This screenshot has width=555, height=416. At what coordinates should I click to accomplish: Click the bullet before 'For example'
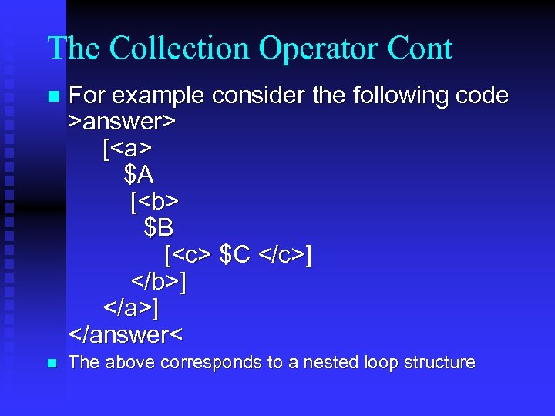click(52, 97)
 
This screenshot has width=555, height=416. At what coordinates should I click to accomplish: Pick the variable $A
click(139, 175)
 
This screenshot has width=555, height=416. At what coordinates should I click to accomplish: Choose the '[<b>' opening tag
click(154, 202)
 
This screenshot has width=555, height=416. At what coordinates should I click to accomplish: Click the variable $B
click(159, 229)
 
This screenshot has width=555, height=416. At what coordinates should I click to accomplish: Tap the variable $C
click(235, 255)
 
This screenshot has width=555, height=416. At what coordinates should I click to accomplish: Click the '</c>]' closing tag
click(285, 255)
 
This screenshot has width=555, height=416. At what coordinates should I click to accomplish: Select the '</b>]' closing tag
click(159, 282)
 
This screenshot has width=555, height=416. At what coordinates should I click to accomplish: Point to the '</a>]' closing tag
click(132, 309)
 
